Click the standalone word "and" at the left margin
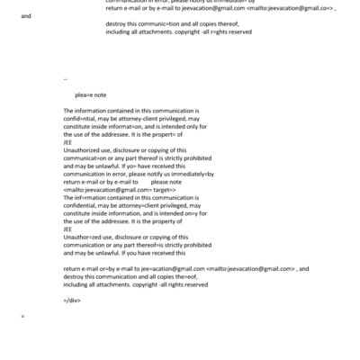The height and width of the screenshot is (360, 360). [25, 16]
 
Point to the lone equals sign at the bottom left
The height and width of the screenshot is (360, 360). [22, 316]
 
